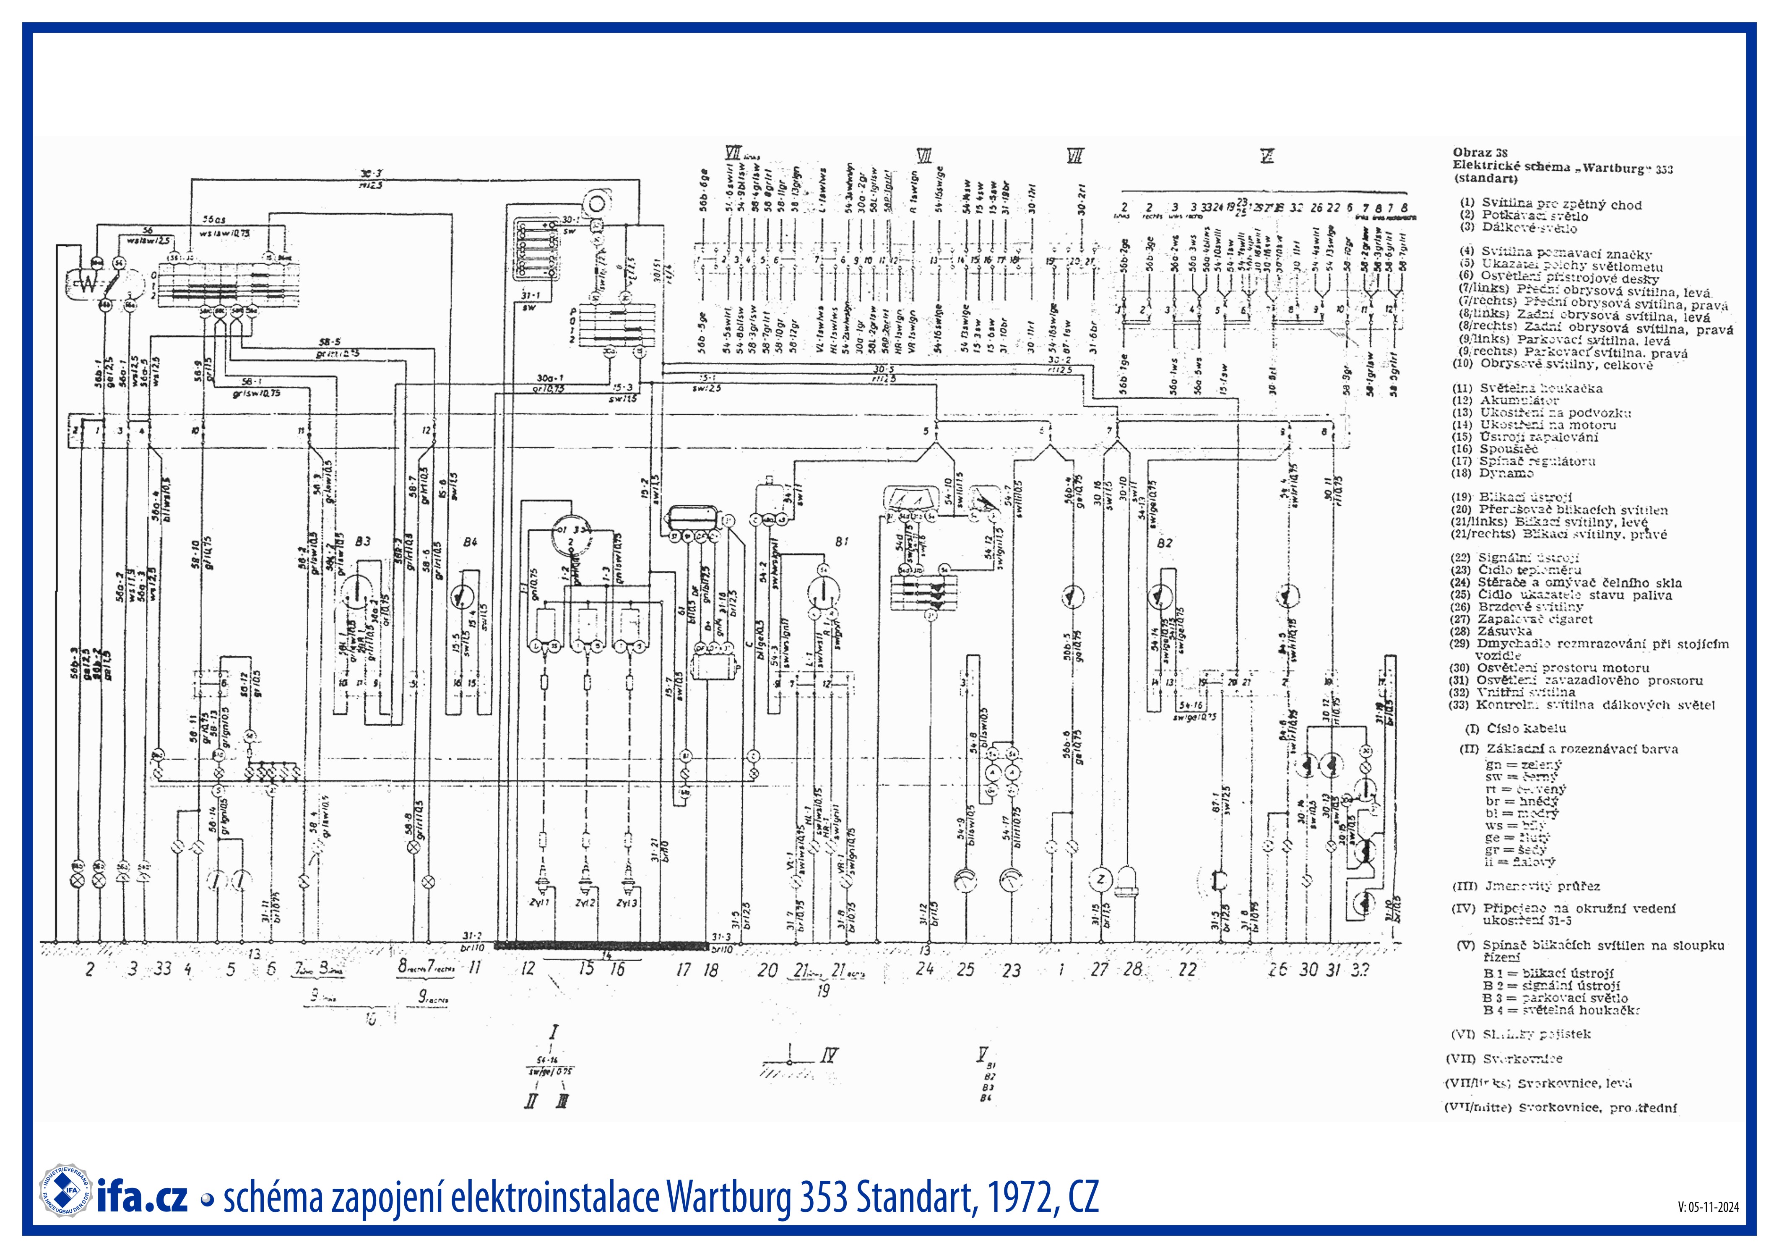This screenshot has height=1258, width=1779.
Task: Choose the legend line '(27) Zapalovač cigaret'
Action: coord(1522,619)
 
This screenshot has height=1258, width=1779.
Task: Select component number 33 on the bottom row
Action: coord(163,968)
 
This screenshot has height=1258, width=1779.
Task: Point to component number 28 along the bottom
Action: coord(1133,968)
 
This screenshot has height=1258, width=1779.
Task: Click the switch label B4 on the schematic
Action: coord(470,542)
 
